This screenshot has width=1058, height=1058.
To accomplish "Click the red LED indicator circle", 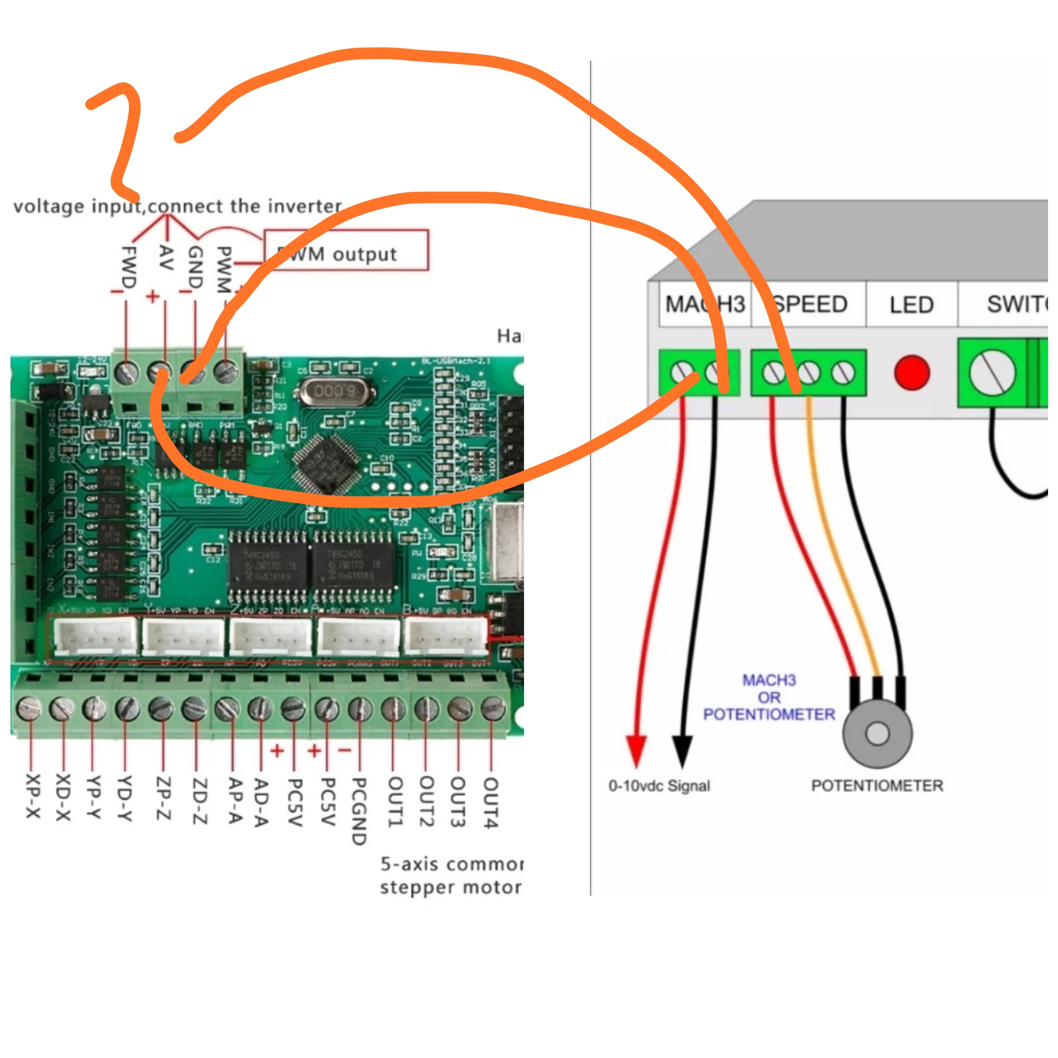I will (911, 373).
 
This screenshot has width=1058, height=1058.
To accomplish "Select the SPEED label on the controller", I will (810, 304).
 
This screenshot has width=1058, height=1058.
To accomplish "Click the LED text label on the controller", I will (911, 305).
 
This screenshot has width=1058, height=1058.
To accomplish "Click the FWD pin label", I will (128, 267).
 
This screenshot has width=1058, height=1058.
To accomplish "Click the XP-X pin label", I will (33, 796).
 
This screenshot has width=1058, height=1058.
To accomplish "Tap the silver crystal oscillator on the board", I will (334, 392).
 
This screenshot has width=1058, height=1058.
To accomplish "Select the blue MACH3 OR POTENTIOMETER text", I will (769, 697).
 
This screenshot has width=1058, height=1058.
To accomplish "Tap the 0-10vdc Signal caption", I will (659, 786).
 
